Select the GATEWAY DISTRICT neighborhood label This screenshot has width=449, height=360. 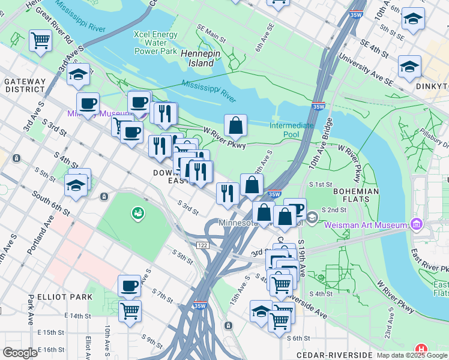pos(25,85)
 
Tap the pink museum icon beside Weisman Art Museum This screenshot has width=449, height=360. pos(417,225)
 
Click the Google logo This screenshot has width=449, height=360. pos(20,353)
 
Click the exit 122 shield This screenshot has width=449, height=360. pos(202,245)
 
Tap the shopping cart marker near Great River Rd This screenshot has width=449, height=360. pos(40,41)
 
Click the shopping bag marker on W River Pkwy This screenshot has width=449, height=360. pos(236,125)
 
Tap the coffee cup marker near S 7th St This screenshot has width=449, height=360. pos(129,286)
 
